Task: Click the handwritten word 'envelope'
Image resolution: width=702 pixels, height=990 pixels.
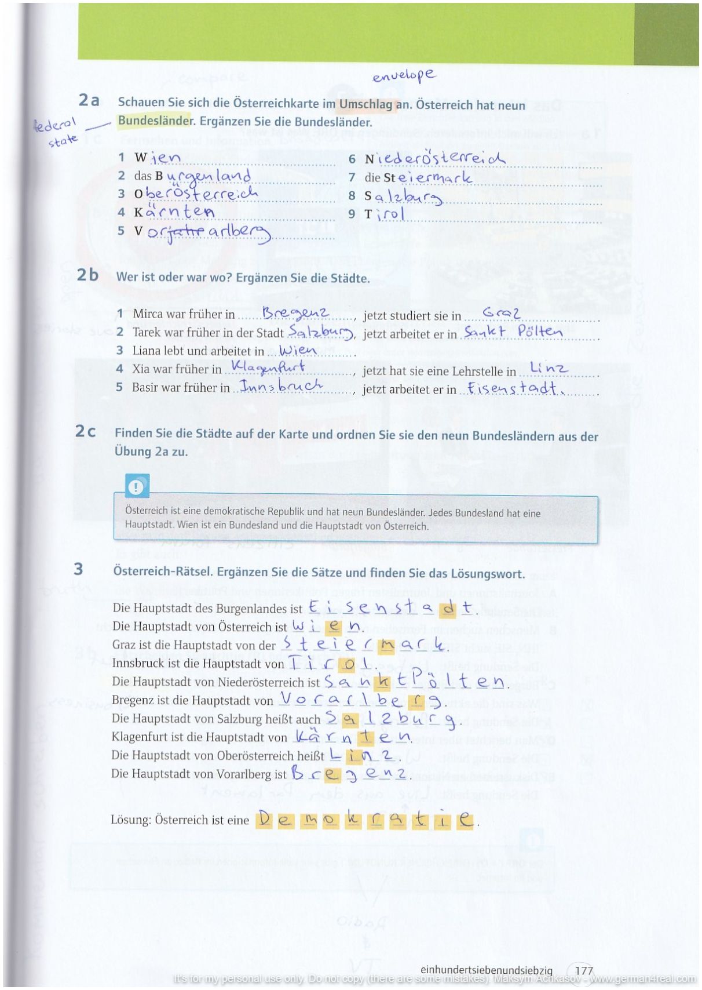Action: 404,76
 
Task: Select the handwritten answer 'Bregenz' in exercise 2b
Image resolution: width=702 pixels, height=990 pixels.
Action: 295,313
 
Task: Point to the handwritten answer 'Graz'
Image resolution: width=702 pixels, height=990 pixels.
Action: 501,313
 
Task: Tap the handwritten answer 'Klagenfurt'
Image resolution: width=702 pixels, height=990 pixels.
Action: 268,367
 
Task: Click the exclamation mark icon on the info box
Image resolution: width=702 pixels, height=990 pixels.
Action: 137,486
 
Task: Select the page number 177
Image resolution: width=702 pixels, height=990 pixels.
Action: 584,970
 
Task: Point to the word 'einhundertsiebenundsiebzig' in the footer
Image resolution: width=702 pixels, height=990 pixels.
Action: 486,970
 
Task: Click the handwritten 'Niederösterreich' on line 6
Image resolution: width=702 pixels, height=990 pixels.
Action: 435,158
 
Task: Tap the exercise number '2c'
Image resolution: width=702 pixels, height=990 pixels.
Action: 86,431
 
